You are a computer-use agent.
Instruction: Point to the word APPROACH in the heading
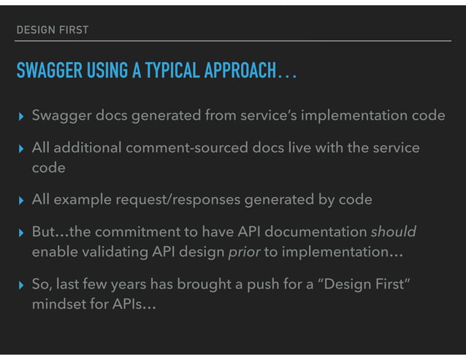point(235,72)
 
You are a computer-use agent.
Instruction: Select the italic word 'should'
point(393,231)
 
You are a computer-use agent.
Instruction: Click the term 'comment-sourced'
point(182,148)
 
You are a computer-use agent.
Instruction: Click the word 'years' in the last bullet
point(136,283)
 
